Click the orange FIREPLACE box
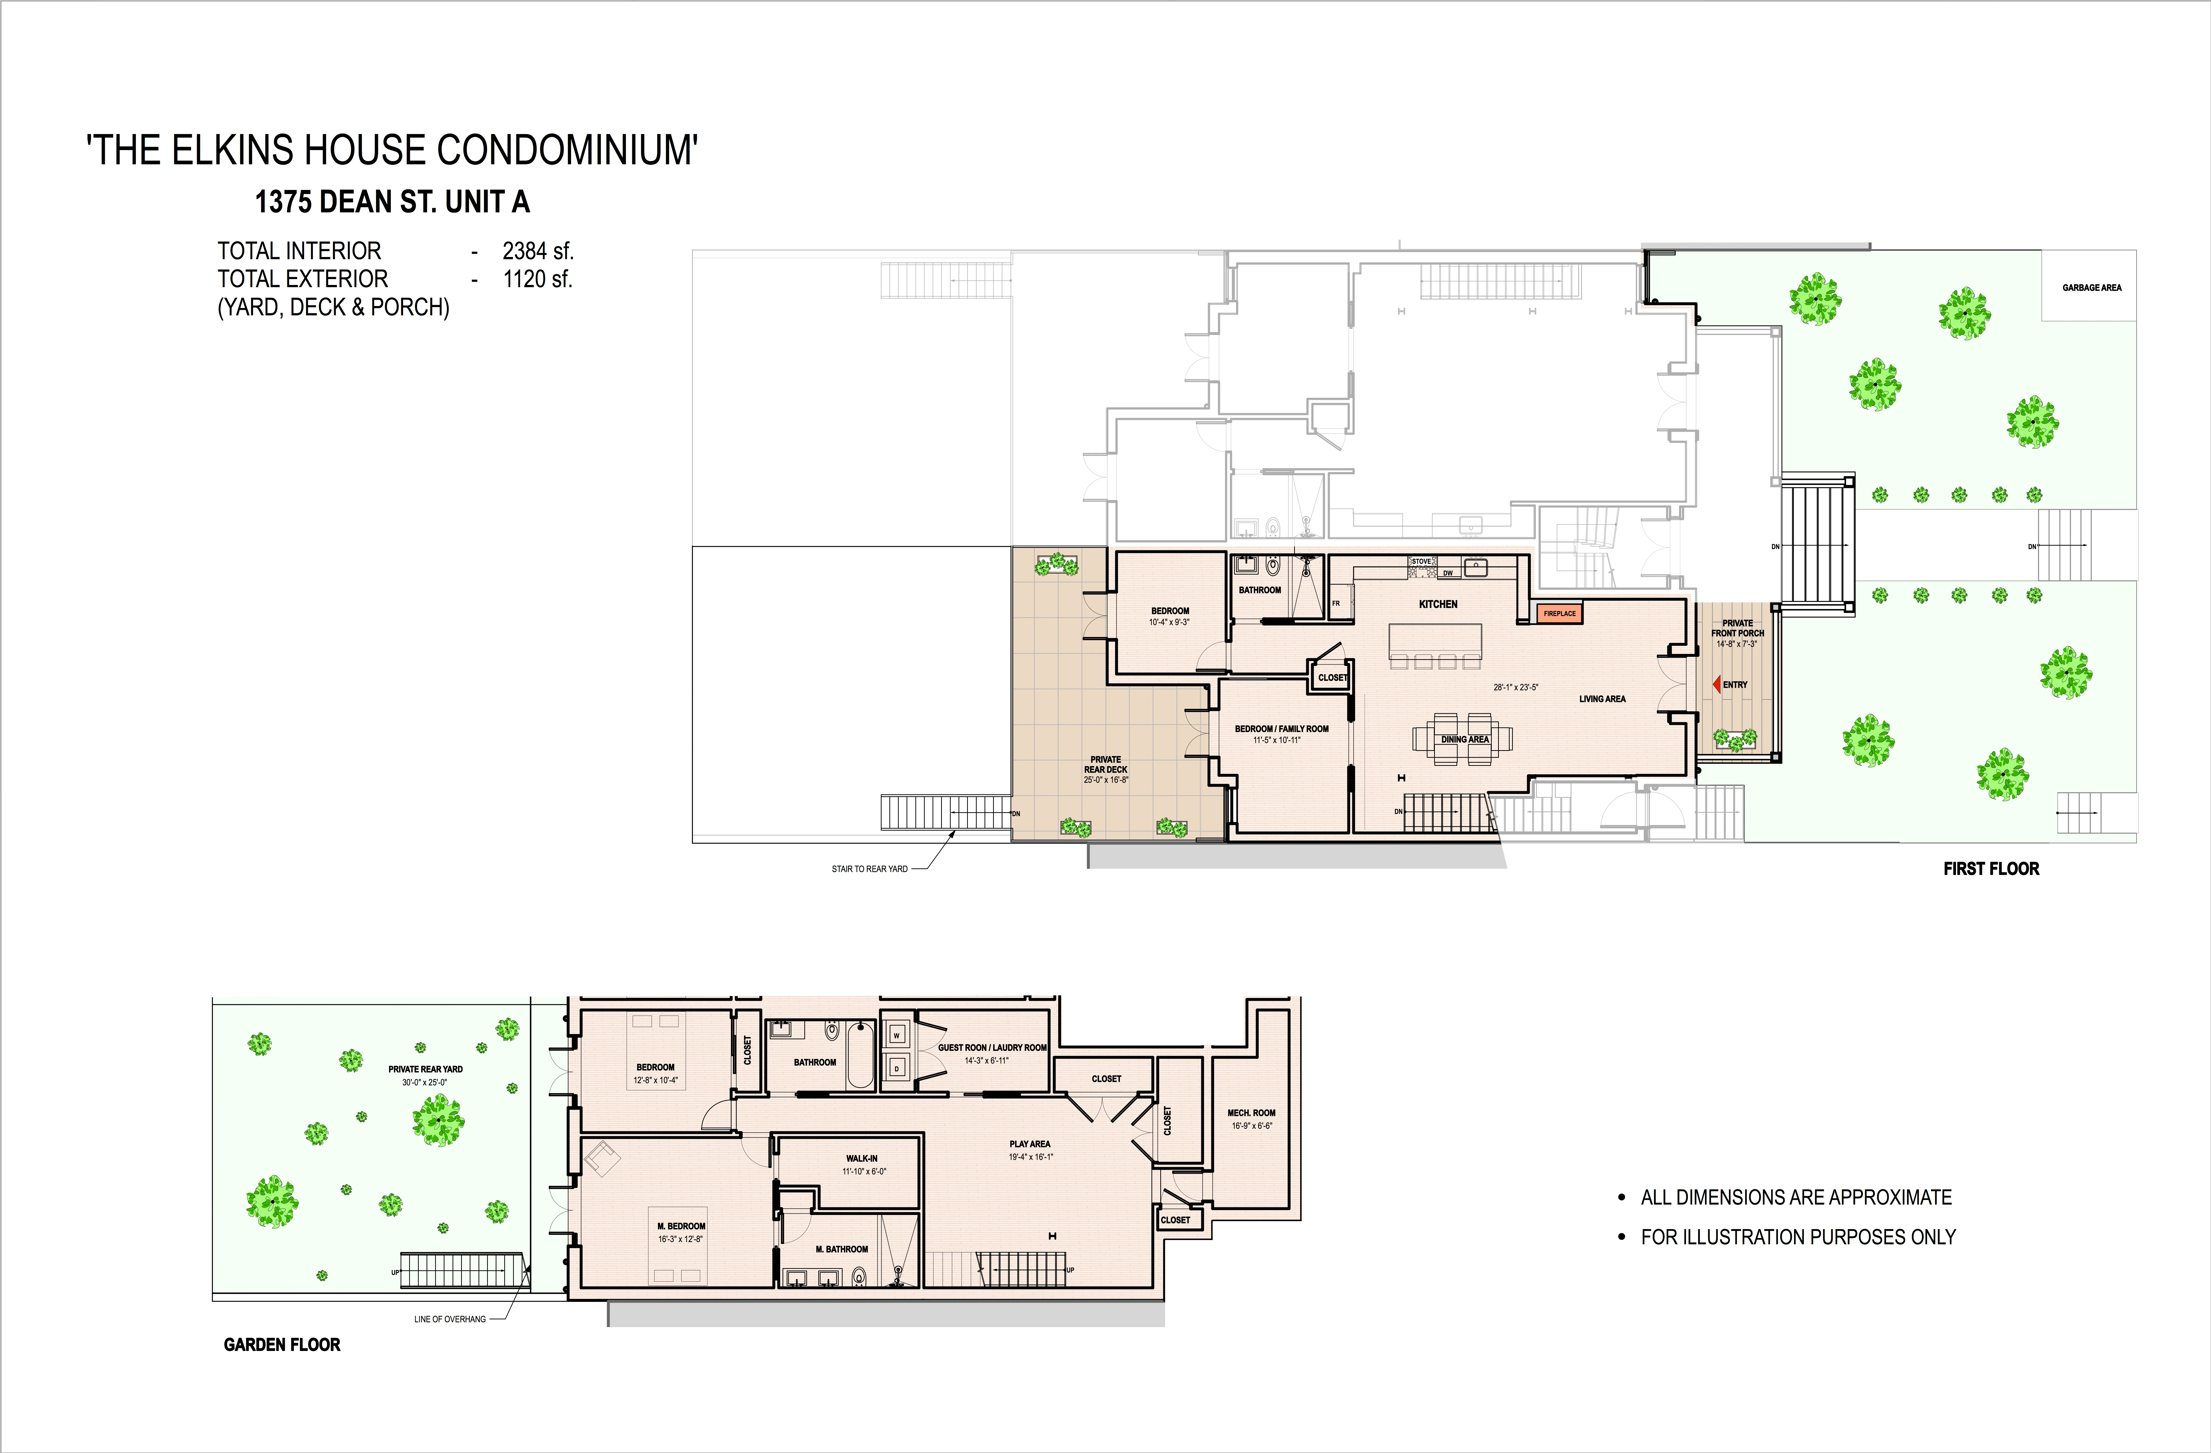coord(1559,613)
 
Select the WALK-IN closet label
coord(861,1158)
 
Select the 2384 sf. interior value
coord(538,251)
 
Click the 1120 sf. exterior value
coord(538,279)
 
